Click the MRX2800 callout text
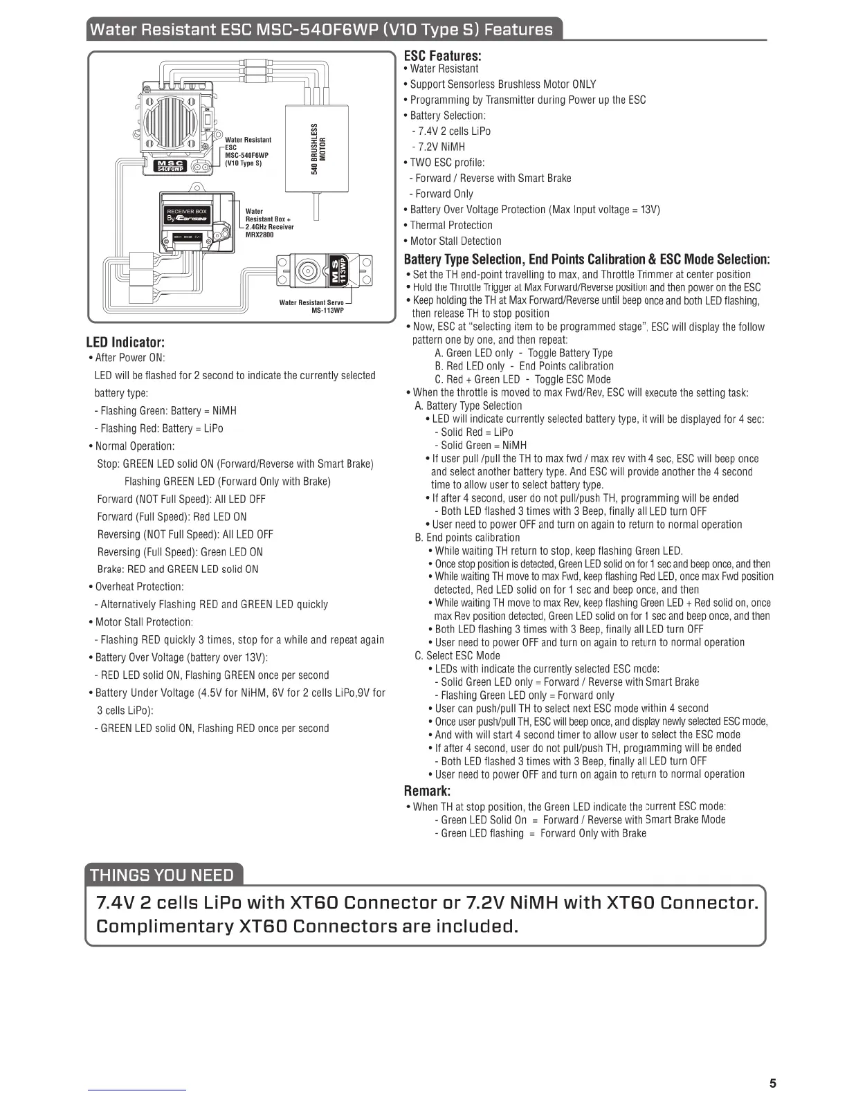[x=259, y=235]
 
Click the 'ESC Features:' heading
[x=442, y=55]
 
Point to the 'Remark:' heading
[x=427, y=790]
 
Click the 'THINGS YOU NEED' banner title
[x=163, y=875]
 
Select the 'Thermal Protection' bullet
[x=451, y=226]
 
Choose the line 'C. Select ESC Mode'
[x=457, y=655]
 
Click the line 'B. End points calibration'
[x=467, y=538]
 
